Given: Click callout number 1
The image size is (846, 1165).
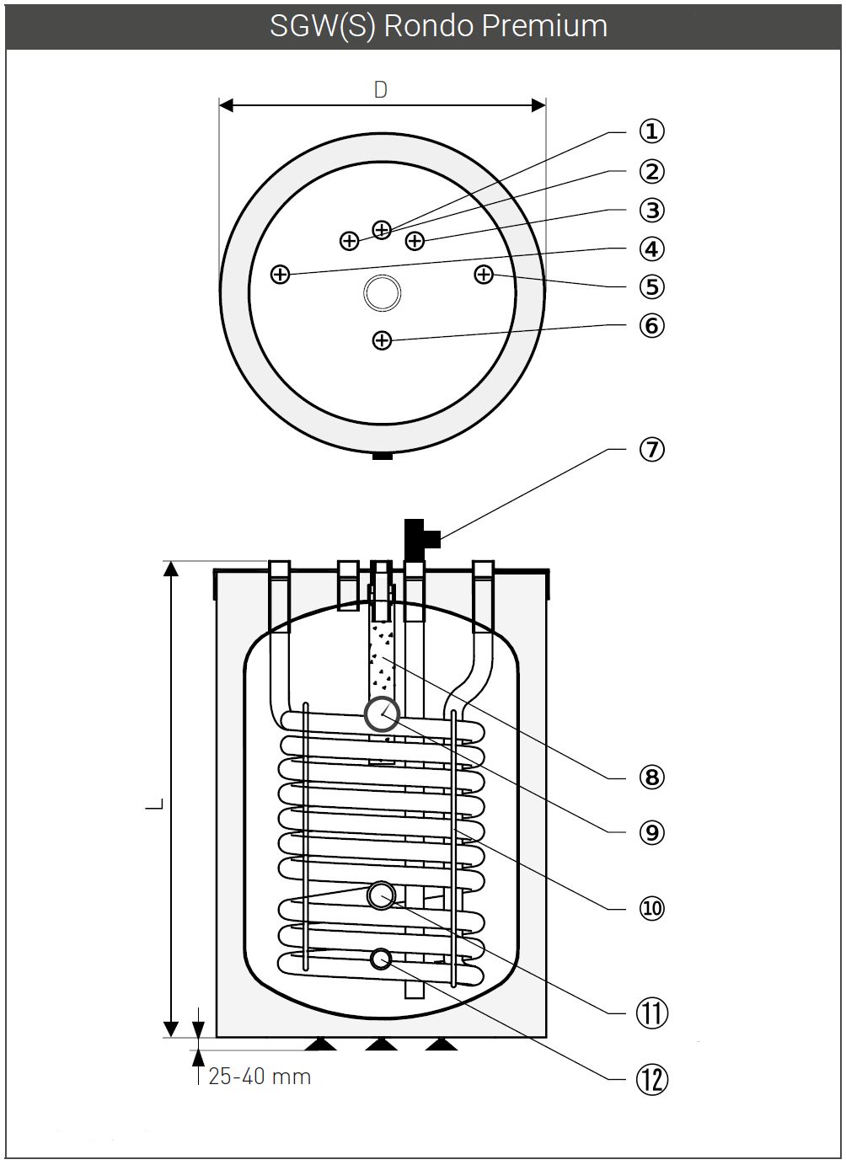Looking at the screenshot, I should [x=651, y=131].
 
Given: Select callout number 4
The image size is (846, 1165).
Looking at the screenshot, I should [x=651, y=249].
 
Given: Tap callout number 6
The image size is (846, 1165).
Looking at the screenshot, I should [x=651, y=325].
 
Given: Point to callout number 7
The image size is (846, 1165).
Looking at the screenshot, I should [x=651, y=450].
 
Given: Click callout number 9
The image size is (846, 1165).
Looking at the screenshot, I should [x=651, y=832].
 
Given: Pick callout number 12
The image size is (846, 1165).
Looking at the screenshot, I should [x=651, y=1078].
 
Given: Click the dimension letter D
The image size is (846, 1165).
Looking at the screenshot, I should [x=381, y=90].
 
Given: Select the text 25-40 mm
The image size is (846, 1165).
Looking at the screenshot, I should [x=260, y=1077].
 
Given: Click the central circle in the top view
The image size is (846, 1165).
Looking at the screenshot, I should [x=382, y=293].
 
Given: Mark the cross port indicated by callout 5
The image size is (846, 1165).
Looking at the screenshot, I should [x=483, y=275].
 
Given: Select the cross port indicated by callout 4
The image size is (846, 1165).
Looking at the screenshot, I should [x=280, y=275].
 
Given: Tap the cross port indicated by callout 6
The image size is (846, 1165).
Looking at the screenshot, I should [x=382, y=340].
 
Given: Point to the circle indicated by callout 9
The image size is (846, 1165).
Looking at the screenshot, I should [x=382, y=714].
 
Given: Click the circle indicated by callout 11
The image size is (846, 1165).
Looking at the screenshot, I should [x=382, y=895].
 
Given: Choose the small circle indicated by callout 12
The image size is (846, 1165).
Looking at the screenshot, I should [x=382, y=959].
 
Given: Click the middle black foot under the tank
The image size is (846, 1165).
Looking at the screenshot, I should [x=382, y=1045].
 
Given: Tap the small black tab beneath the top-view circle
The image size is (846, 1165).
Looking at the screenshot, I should [x=382, y=456].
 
